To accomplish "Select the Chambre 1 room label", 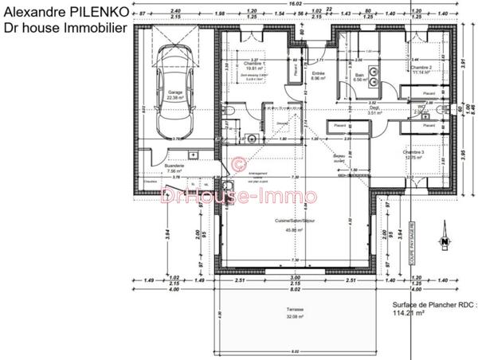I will point(255,66).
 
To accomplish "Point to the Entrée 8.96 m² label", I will point(318,76).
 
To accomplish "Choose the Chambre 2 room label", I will point(421,69).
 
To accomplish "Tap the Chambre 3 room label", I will point(414,155).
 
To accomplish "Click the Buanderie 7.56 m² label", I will point(174,168).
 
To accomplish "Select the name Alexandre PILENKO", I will point(63,11).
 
